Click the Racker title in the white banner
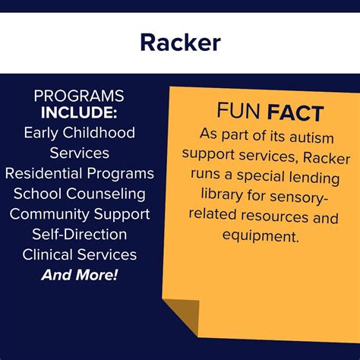tap(180, 43)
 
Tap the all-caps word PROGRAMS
tap(79, 97)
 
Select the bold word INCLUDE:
tap(79, 114)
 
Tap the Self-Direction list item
tap(80, 234)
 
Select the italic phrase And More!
tap(80, 274)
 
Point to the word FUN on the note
tap(237, 115)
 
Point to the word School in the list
tap(36, 194)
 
